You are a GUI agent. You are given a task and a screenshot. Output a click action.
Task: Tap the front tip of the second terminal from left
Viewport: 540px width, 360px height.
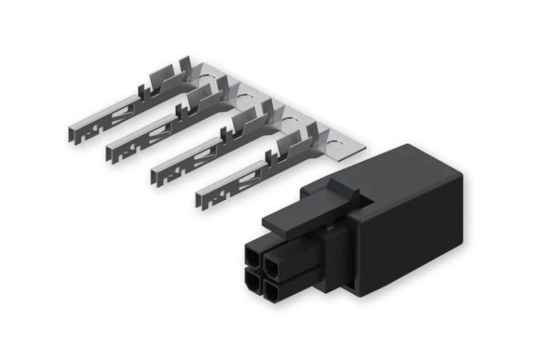pos(110,153)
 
